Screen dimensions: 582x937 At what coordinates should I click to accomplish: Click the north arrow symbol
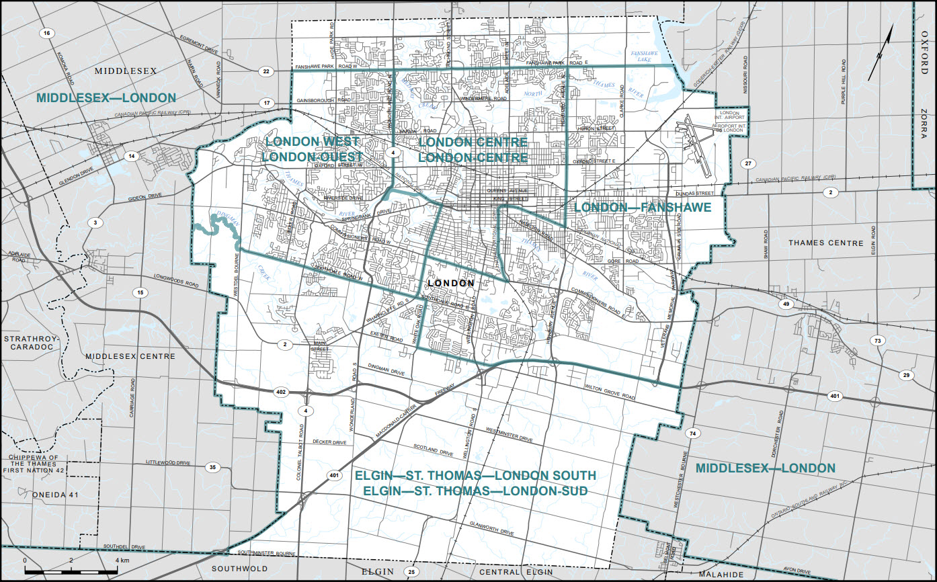(x=880, y=54)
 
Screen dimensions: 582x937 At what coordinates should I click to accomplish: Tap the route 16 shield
(x=46, y=34)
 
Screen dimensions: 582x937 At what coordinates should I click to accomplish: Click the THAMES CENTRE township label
(x=826, y=243)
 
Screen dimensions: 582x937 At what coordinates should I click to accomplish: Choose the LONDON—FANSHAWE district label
(x=643, y=208)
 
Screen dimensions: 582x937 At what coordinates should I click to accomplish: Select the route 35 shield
(x=214, y=467)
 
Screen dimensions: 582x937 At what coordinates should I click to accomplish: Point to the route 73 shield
(x=877, y=341)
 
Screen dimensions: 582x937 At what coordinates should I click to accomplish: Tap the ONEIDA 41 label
(x=56, y=494)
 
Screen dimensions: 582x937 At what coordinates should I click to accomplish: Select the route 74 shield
(x=692, y=434)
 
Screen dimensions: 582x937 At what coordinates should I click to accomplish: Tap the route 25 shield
(x=412, y=572)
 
